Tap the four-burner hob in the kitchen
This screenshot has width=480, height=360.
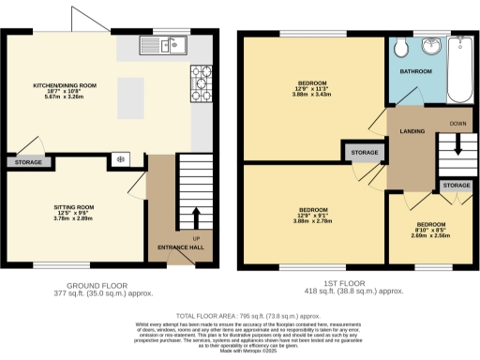click(x=202, y=76)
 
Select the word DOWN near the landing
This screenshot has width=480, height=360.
click(x=457, y=123)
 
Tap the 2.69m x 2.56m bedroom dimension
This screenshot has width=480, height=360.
click(x=431, y=237)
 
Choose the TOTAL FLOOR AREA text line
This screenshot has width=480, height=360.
click(x=240, y=317)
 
